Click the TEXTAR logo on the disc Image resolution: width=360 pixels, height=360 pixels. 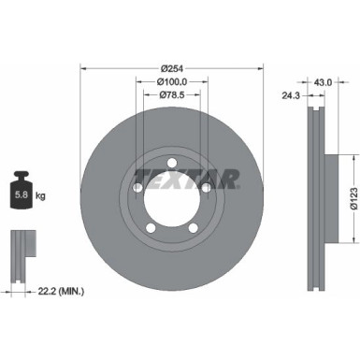click(x=186, y=178)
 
